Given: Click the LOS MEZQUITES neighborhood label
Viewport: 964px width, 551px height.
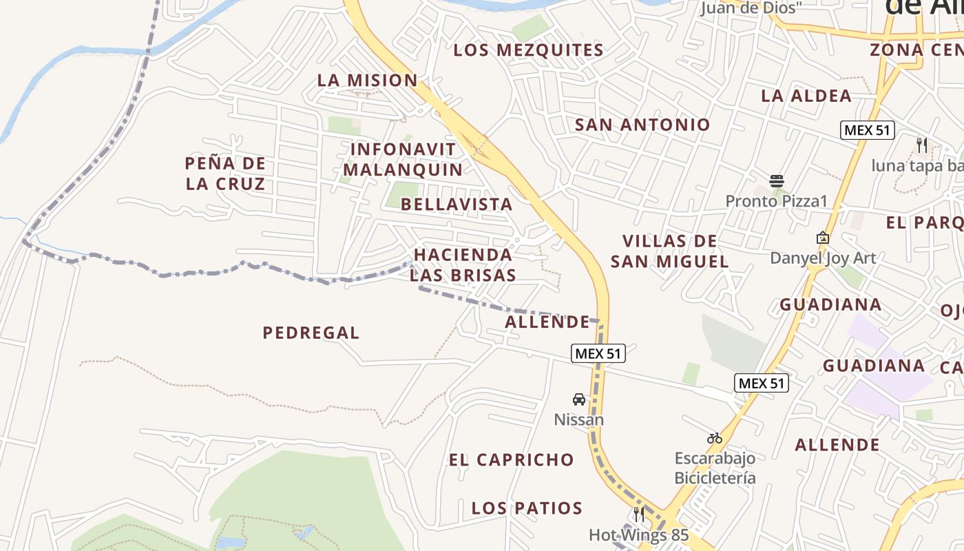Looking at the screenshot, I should [x=528, y=50].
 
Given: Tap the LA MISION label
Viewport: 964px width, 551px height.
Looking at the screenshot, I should [x=367, y=81].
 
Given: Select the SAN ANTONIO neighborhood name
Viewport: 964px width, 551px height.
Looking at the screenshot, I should [x=642, y=125].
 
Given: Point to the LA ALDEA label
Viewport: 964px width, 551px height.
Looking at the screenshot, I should [x=806, y=96].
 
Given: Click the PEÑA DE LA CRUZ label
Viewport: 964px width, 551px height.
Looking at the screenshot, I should [x=225, y=174].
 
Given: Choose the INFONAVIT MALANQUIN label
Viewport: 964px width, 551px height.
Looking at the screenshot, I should [x=403, y=159].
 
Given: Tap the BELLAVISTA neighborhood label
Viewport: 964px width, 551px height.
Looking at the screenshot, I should [x=457, y=205].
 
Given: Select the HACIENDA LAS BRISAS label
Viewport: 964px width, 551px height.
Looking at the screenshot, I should [x=463, y=265].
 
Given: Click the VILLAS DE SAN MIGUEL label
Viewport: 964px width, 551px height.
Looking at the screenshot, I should [x=669, y=251].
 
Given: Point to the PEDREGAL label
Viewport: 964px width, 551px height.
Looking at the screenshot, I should [x=311, y=333].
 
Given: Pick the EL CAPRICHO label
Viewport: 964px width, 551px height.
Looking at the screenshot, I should [x=511, y=460].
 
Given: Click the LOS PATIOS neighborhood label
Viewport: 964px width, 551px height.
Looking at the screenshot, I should [x=527, y=508].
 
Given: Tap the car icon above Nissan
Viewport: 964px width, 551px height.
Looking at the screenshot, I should [x=579, y=399].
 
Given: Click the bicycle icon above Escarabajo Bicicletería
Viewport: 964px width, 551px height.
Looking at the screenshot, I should [x=714, y=438].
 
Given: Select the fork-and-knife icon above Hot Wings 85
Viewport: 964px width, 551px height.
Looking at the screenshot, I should [x=638, y=514].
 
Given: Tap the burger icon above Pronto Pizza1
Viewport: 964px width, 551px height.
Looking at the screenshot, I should [x=777, y=181].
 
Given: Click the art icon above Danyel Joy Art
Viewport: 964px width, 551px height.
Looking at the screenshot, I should [x=822, y=238].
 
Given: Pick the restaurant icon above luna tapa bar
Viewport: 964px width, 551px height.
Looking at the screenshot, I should [x=922, y=145].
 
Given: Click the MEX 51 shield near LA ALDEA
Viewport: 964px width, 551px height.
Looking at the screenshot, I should [x=867, y=130].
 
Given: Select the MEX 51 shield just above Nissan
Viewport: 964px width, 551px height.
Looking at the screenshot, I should [x=598, y=354].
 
